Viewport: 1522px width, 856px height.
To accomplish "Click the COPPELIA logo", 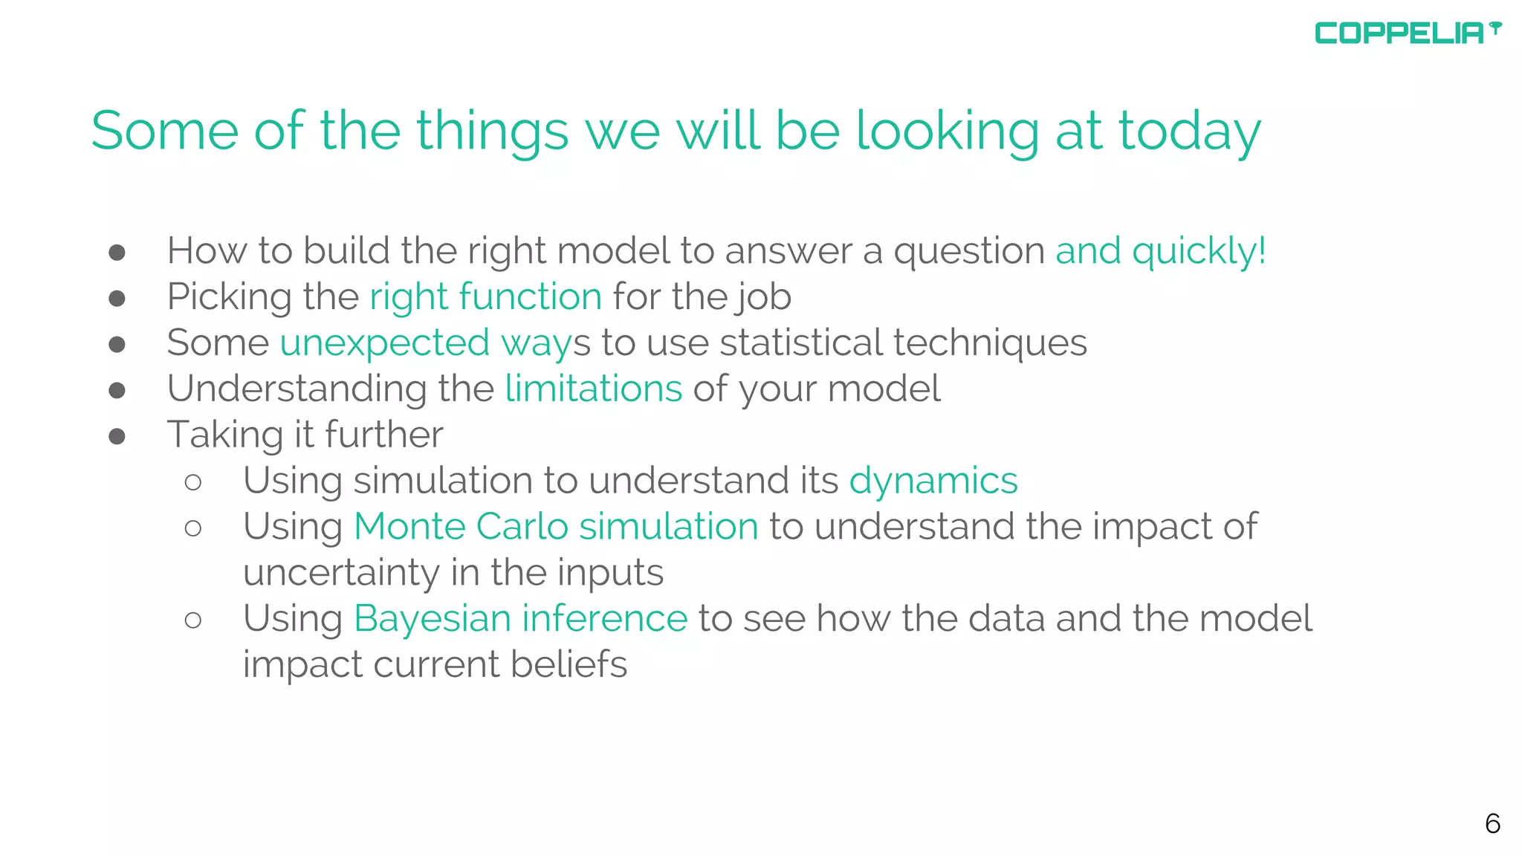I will pyautogui.click(x=1407, y=33).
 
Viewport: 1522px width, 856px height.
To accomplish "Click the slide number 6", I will pyautogui.click(x=1492, y=823).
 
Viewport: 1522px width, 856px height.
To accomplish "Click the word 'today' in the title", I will pyautogui.click(x=1190, y=132).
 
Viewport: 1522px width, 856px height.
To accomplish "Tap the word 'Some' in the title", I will pyautogui.click(x=164, y=132).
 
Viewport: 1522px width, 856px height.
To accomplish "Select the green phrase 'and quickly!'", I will pyautogui.click(x=1160, y=251).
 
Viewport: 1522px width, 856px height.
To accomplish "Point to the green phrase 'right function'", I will pyautogui.click(x=485, y=297).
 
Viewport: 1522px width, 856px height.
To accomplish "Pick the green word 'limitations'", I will pyautogui.click(x=593, y=389).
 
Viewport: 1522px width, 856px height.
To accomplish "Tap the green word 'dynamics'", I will pyautogui.click(x=933, y=481).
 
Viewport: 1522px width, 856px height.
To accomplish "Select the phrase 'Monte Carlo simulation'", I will pyautogui.click(x=556, y=527).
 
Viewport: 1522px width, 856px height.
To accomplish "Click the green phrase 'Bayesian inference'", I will pyautogui.click(x=520, y=619).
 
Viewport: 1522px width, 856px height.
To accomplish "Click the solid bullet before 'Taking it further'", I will pyautogui.click(x=117, y=436).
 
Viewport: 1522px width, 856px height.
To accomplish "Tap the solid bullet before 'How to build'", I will pyautogui.click(x=117, y=253).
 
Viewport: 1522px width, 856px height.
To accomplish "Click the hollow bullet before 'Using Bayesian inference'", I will pyautogui.click(x=193, y=620).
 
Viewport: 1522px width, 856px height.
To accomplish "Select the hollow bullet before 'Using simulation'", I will pyautogui.click(x=193, y=482).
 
